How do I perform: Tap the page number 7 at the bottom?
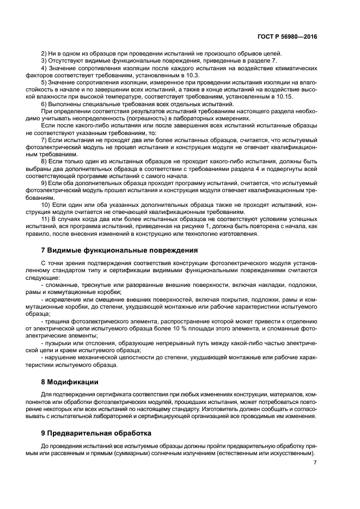pyautogui.click(x=315, y=463)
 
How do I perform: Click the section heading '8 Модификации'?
pyautogui.click(x=70, y=382)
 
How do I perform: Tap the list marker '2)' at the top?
pyautogui.click(x=45, y=53)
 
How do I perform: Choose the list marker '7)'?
pyautogui.click(x=45, y=140)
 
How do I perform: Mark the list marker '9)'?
pyautogui.click(x=45, y=183)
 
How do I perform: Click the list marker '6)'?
pyautogui.click(x=45, y=103)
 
